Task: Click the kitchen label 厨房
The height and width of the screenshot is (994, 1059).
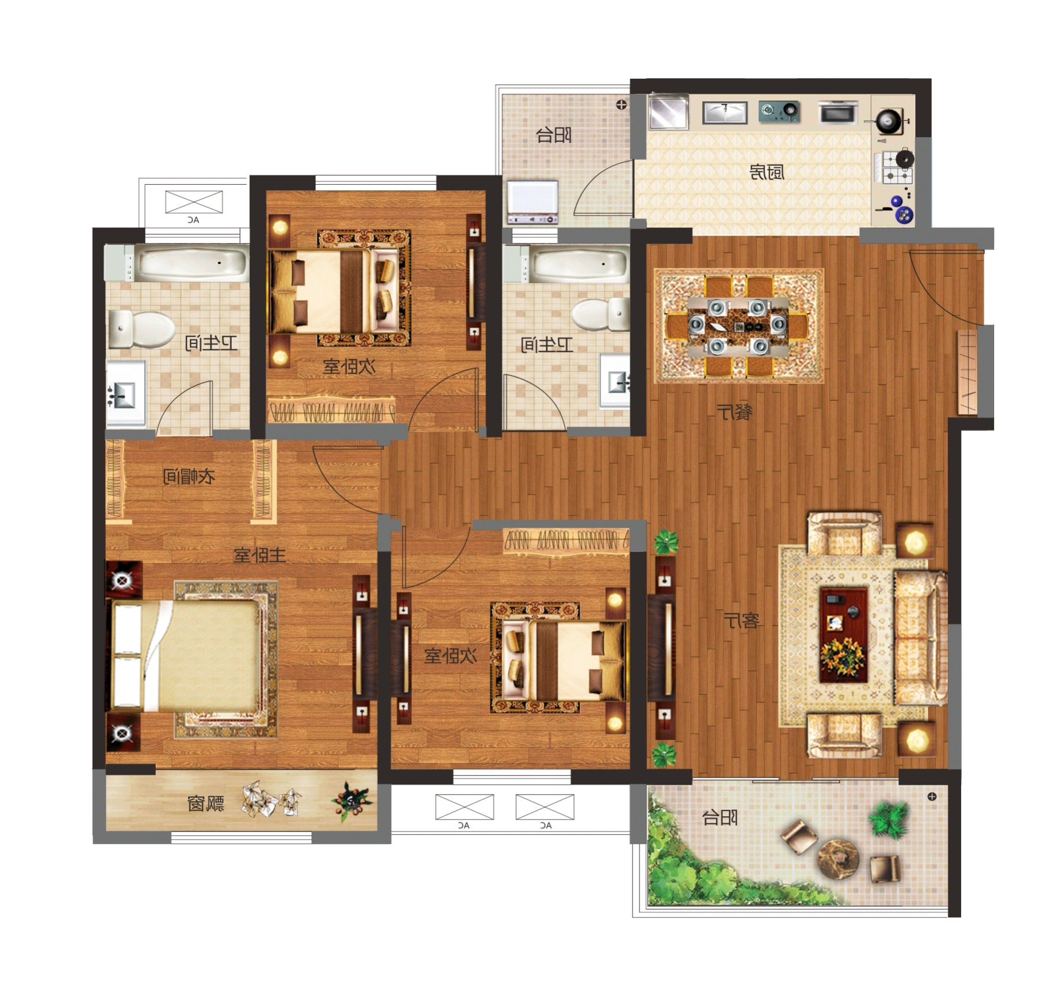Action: (x=766, y=172)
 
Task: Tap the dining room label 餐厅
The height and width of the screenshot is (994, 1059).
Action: (x=735, y=412)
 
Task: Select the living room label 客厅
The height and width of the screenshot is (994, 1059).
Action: (x=742, y=620)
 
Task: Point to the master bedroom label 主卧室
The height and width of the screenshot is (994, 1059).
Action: (x=260, y=555)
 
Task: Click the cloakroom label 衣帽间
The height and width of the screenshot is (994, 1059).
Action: (x=189, y=476)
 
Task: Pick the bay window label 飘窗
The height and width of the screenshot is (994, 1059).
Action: (x=206, y=803)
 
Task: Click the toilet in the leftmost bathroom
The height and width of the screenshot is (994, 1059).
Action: (x=142, y=330)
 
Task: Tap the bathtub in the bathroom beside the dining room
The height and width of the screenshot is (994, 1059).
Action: (x=579, y=264)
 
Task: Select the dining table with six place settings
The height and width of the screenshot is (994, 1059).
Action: (x=738, y=326)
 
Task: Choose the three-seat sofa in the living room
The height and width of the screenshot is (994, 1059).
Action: (x=919, y=638)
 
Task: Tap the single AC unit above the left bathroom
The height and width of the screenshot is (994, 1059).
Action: (x=194, y=202)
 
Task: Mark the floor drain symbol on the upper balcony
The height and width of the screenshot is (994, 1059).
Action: (x=621, y=105)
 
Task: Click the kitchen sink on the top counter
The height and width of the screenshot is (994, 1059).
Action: (x=725, y=112)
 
